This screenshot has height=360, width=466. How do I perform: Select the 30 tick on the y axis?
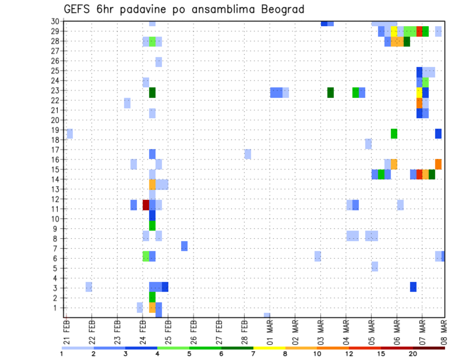pos(55,21)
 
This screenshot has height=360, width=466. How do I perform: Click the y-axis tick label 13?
pos(55,189)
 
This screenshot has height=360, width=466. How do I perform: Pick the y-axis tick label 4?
pos(57,278)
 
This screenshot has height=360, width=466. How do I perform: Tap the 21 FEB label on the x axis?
pos(67,329)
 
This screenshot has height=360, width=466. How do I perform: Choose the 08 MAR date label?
pos(444,329)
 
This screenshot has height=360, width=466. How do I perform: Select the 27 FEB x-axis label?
pos(219,329)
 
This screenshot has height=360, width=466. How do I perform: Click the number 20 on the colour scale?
pos(413,353)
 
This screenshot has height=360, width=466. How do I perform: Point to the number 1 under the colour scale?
pos(62,353)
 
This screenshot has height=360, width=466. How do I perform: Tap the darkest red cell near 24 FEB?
pos(146,205)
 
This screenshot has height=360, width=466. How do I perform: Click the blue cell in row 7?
pos(184,246)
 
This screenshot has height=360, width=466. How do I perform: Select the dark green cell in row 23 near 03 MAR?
pos(331,92)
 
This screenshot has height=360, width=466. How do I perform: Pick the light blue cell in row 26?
pos(159,62)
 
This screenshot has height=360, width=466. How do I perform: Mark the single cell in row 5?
pos(375,266)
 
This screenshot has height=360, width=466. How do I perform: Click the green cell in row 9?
pos(152,226)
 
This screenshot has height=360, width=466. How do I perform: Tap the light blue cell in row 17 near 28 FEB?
pos(248,154)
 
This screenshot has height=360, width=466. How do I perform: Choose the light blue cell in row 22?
pos(127,103)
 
